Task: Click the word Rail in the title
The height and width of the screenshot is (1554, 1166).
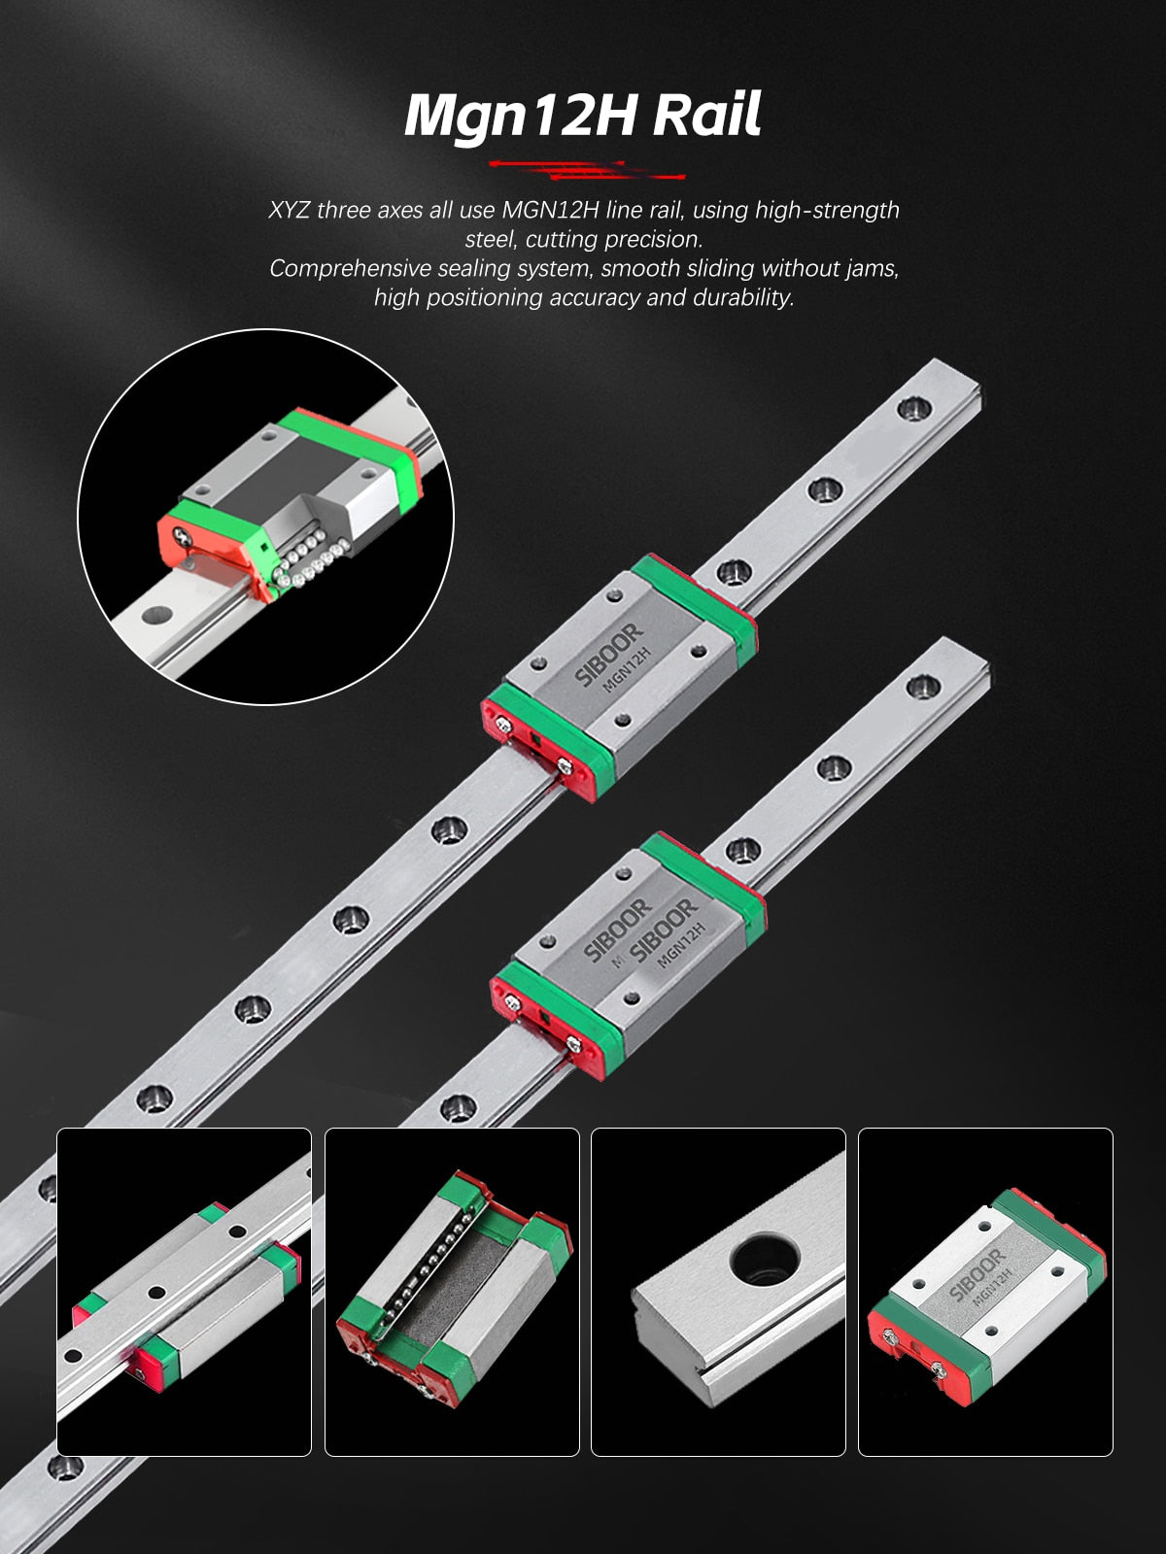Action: tap(705, 114)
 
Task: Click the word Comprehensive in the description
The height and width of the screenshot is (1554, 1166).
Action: tap(350, 269)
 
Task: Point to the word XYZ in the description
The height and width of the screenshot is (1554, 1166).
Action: tap(289, 210)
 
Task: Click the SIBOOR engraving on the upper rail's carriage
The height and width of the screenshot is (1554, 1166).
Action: tap(608, 655)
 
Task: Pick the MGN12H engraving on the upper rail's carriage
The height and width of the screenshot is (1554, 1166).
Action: tap(626, 669)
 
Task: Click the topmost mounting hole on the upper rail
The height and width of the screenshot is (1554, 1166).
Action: tap(913, 408)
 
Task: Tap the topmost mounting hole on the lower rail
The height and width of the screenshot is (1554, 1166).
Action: tap(922, 686)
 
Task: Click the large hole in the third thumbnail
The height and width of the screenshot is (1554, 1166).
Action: tap(765, 1258)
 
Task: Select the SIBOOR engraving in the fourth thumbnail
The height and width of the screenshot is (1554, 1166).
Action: tap(977, 1276)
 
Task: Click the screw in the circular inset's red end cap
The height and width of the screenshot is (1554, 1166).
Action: tap(183, 538)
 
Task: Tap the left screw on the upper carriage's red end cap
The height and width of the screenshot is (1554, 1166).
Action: tap(503, 724)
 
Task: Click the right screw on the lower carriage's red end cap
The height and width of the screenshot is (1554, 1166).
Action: tap(574, 1043)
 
